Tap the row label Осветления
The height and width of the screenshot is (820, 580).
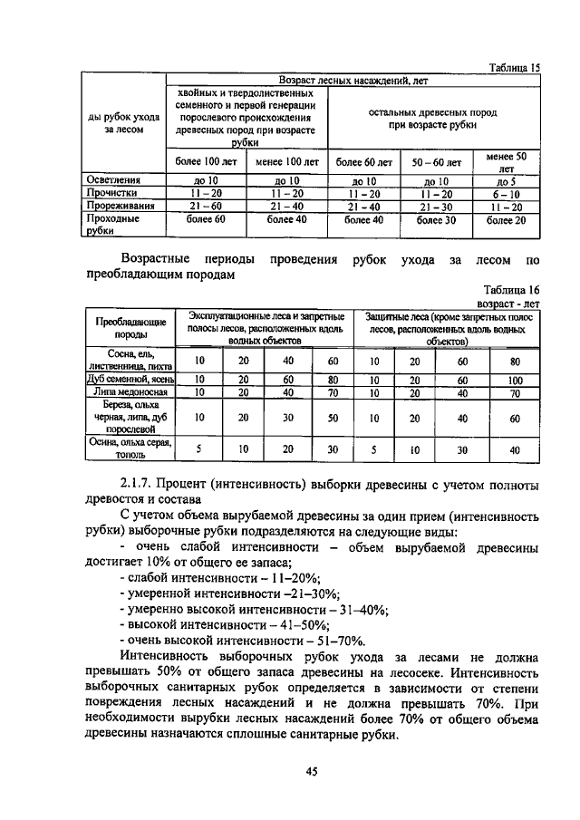coord(111,180)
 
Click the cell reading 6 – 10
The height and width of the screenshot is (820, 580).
coord(507,193)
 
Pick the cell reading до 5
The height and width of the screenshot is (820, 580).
coord(507,180)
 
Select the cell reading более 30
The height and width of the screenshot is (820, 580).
coord(436,219)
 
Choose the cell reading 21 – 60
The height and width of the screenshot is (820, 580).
coord(198,206)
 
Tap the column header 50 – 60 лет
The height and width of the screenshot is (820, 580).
coord(436,163)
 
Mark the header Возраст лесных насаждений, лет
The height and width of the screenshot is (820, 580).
coord(353,81)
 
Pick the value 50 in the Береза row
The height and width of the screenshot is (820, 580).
coord(333,418)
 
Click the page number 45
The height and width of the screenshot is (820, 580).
coord(311,770)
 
